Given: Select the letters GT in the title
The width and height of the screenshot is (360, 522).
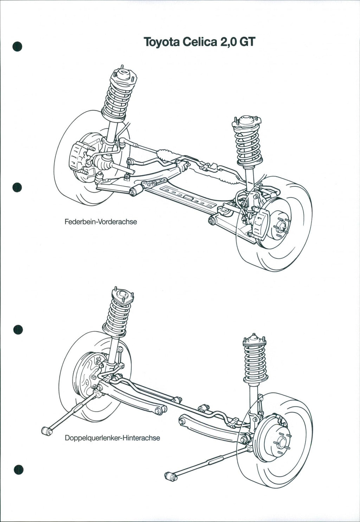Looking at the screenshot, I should click(246, 43).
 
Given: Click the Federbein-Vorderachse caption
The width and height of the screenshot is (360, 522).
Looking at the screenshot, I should click(101, 222).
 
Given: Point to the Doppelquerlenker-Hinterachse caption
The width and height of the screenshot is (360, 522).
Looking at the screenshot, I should click(112, 438).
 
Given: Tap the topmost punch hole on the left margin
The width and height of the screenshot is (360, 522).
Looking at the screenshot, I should click(17, 46).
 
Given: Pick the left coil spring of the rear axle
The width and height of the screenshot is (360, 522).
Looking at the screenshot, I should click(118, 316).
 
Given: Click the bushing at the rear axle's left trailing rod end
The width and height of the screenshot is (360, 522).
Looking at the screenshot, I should click(46, 430).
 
